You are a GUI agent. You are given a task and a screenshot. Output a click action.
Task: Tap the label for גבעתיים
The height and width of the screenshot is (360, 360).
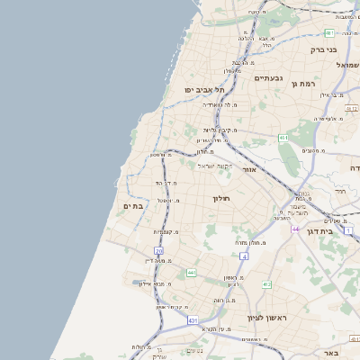(268, 78)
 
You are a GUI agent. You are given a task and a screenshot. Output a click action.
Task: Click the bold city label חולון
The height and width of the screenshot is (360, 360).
(222, 198)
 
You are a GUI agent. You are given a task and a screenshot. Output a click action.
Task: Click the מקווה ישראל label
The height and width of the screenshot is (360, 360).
(213, 165)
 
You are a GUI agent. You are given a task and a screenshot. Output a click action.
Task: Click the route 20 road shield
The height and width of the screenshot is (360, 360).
(158, 251)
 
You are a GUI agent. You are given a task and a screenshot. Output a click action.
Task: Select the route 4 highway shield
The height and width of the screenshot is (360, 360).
(244, 256)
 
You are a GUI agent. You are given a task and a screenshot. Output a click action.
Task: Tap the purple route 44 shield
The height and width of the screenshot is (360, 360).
(295, 229)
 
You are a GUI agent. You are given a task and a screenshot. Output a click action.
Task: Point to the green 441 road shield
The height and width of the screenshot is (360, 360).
(191, 272)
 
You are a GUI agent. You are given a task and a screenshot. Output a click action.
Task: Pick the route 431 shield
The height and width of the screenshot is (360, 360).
(193, 319)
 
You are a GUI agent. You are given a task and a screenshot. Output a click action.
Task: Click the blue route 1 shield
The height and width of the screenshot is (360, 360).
(348, 232)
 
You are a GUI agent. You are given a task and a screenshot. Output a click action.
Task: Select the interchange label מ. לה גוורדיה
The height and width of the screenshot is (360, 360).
(221, 104)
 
